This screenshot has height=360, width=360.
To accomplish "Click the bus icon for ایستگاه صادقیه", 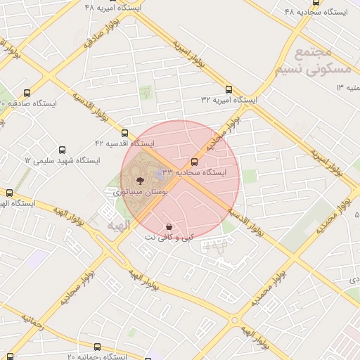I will pyautogui.click(x=27, y=92).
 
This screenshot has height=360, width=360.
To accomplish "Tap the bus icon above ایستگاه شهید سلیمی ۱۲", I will pyautogui.click(x=63, y=150).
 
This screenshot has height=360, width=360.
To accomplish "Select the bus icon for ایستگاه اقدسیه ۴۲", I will pyautogui.click(x=125, y=133).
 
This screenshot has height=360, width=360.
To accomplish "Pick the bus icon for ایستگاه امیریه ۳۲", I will pyautogui.click(x=229, y=89).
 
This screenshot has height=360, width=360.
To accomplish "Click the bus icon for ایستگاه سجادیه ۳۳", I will pyautogui.click(x=195, y=162).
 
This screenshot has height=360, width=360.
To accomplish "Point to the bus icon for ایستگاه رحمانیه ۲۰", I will pyautogui.click(x=97, y=347).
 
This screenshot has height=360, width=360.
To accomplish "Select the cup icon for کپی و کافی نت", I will pyautogui.click(x=169, y=226).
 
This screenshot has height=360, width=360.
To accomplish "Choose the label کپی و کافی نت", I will pyautogui.click(x=167, y=238).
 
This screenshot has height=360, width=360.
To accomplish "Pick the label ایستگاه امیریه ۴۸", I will pyautogui.click(x=112, y=7).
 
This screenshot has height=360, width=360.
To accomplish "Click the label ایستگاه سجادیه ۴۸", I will pyautogui.click(x=312, y=12).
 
